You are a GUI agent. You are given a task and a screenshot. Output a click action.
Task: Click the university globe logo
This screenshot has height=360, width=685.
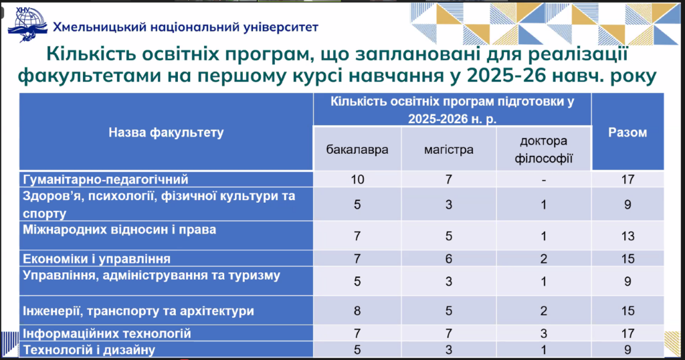click(27, 24)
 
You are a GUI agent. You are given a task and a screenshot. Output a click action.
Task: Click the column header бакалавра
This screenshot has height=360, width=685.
click(357, 150)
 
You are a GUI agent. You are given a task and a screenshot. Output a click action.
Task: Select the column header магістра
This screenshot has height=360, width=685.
click(449, 150)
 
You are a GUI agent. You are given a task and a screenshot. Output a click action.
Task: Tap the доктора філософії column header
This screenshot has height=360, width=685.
click(543, 150)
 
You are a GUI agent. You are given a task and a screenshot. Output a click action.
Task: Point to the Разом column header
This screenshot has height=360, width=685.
click(627, 132)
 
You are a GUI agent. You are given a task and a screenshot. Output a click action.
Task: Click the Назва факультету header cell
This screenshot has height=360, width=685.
click(166, 132)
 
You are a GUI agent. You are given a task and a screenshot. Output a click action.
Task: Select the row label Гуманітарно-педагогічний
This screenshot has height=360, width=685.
click(105, 179)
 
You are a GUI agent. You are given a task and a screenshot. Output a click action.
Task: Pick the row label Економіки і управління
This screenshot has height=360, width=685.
click(96, 259)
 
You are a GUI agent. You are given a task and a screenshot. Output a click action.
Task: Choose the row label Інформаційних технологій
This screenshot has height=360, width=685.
click(107, 334)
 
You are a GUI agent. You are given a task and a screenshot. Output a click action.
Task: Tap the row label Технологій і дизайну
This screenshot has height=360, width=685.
click(89, 350)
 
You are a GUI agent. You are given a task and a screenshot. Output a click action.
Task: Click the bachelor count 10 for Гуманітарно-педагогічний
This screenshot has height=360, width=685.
click(357, 179)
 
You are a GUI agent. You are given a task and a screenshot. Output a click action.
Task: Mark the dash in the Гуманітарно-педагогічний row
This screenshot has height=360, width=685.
click(543, 180)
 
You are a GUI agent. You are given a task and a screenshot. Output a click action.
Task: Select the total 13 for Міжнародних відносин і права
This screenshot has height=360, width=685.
click(627, 236)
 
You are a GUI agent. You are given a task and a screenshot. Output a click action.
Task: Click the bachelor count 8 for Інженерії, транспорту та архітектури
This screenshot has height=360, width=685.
click(357, 311)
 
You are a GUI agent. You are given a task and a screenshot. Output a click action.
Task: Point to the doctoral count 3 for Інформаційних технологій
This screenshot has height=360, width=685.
click(543, 334)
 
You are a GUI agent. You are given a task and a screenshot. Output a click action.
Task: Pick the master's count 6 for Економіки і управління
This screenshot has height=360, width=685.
click(449, 259)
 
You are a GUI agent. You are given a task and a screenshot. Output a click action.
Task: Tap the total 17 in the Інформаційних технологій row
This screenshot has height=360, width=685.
click(627, 334)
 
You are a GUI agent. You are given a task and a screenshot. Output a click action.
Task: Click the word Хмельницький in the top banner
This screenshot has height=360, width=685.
click(100, 27)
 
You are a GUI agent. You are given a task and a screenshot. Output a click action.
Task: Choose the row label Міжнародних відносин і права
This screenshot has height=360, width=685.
click(119, 230)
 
